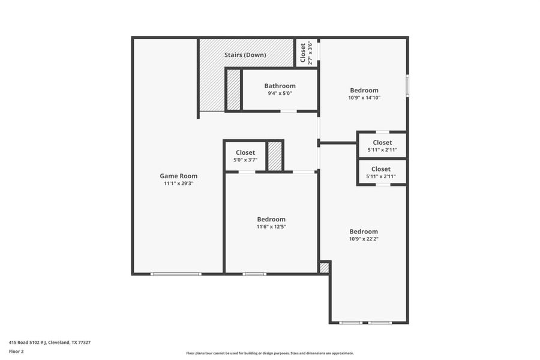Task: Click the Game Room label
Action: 178,176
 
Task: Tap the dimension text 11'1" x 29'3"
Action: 178,184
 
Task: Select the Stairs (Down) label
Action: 245,55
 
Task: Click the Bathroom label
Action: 280,86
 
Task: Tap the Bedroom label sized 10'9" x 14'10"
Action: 364,91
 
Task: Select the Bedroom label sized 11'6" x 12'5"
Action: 271,219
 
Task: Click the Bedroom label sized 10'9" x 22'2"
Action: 364,232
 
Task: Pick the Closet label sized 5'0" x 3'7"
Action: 245,152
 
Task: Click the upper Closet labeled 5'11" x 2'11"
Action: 382,142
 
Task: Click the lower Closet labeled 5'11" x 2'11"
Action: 381,169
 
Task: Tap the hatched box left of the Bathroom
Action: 233,89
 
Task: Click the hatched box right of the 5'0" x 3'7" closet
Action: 275,156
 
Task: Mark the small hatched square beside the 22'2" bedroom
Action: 324,268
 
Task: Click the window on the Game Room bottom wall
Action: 176,274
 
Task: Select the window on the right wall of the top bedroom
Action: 407,85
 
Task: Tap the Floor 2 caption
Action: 16,352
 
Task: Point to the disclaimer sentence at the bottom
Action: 270,353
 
